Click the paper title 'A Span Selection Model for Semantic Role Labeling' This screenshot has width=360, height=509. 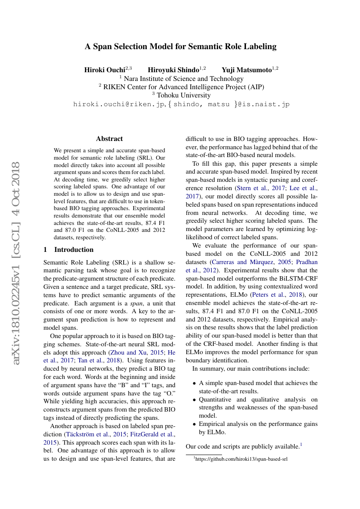click(x=180, y=47)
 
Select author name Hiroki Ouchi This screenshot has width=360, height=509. click(x=104, y=70)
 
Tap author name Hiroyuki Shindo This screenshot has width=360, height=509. click(x=173, y=70)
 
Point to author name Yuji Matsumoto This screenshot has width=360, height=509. click(x=246, y=70)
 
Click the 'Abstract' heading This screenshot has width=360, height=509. click(x=109, y=139)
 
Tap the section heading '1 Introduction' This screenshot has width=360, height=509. click(x=69, y=250)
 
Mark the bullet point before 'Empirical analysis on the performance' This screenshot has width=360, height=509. click(x=194, y=424)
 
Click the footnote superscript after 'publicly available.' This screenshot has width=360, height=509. click(x=301, y=444)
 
